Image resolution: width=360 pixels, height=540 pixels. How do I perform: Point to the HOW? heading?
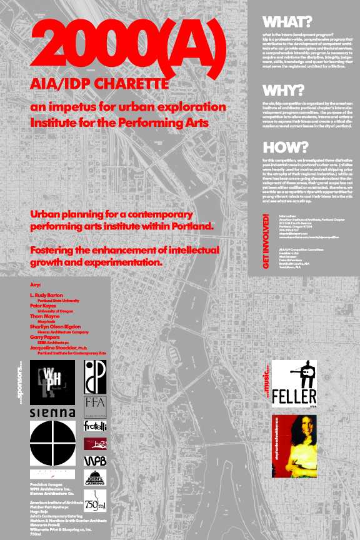(x=285, y=148)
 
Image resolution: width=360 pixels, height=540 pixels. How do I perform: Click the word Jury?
(x=35, y=284)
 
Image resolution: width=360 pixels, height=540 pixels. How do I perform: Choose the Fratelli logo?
(x=96, y=426)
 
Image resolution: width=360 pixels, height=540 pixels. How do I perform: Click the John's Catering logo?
(x=96, y=478)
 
